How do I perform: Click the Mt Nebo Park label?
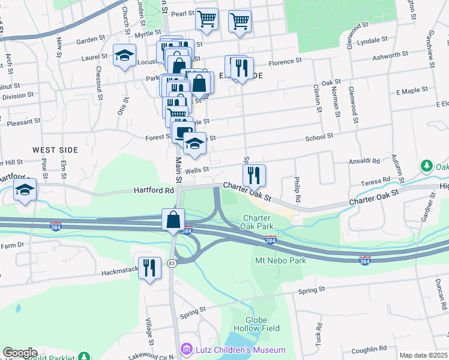click(x=280, y=260)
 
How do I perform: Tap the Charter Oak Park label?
click(x=258, y=222)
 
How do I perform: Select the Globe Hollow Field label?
click(x=262, y=324)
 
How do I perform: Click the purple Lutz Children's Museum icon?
click(x=187, y=349)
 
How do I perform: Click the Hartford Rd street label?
click(x=153, y=190)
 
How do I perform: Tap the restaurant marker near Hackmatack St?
click(x=149, y=267)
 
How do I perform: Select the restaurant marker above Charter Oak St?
click(x=255, y=175)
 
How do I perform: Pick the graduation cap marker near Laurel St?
click(x=124, y=56)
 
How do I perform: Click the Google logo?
click(x=20, y=353)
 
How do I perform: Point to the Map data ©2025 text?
click(x=423, y=355)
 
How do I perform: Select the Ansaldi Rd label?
click(x=365, y=161)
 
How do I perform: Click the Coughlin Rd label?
click(x=369, y=349)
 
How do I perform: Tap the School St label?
click(x=319, y=137)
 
